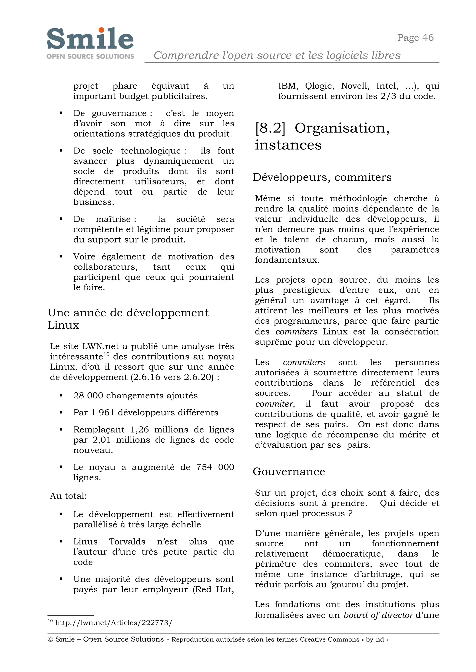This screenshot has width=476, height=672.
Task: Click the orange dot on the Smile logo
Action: tap(101, 30)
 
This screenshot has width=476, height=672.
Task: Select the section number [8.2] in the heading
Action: tap(270, 128)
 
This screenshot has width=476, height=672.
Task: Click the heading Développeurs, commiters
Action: tap(322, 177)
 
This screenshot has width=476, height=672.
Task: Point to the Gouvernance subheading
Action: tap(289, 472)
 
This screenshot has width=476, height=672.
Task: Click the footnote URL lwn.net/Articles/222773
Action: tap(113, 623)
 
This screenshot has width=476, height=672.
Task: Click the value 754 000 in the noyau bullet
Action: tap(215, 467)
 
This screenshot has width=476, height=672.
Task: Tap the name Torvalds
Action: tap(127, 542)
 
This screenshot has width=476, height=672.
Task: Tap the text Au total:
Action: tap(68, 496)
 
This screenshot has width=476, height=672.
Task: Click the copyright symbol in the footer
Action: tap(50, 639)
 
